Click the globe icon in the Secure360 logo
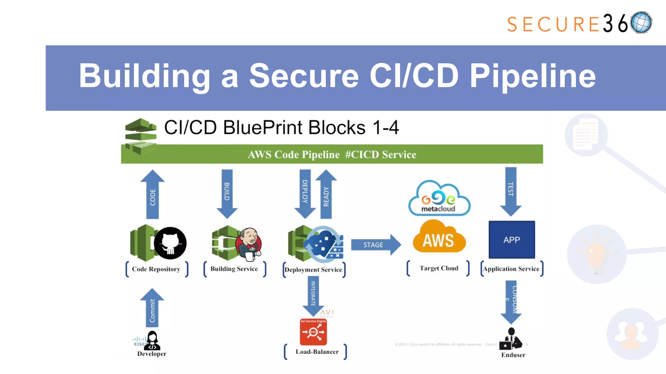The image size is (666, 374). [641, 22]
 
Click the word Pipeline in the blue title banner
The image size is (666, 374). [532, 76]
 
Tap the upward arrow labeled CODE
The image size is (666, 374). [153, 195]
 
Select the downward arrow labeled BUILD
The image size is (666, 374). [227, 193]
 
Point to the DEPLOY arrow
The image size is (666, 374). [305, 193]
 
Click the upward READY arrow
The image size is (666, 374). [326, 195]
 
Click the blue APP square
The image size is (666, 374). [512, 240]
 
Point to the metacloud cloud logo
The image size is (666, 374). [439, 199]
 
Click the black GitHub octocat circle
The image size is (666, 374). [170, 243]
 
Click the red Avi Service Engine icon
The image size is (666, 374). [313, 332]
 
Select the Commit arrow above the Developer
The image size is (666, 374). [152, 308]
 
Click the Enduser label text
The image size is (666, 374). [513, 355]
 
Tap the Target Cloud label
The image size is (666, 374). [439, 268]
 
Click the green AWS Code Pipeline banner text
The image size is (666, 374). [332, 155]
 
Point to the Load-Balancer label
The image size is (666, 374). [317, 352]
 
